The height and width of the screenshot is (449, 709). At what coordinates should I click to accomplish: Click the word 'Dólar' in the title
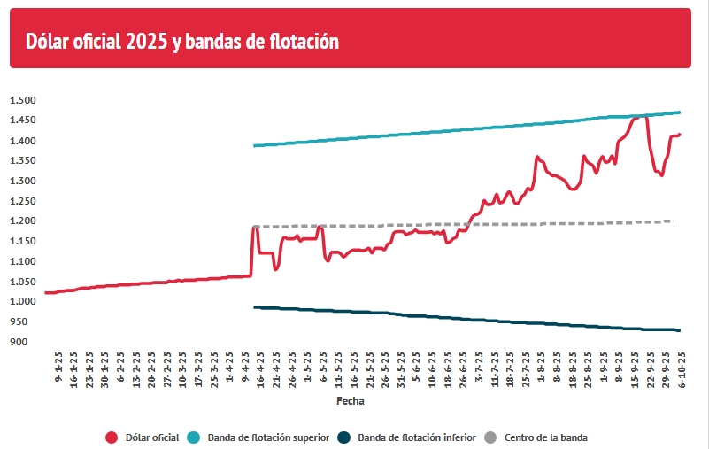click(x=49, y=42)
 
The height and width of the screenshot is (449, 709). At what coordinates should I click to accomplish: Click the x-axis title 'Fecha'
click(x=351, y=401)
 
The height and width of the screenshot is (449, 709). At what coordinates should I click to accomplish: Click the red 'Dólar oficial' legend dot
click(x=112, y=437)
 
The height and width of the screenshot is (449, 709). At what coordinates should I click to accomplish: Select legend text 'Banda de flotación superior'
click(x=269, y=437)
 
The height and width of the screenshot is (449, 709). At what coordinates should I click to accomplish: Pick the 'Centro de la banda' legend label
click(x=546, y=437)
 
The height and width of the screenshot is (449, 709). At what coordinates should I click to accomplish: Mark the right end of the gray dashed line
click(x=673, y=221)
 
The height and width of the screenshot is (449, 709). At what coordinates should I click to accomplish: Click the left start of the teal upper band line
click(x=255, y=145)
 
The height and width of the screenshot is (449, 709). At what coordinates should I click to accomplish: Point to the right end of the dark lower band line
click(x=679, y=330)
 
